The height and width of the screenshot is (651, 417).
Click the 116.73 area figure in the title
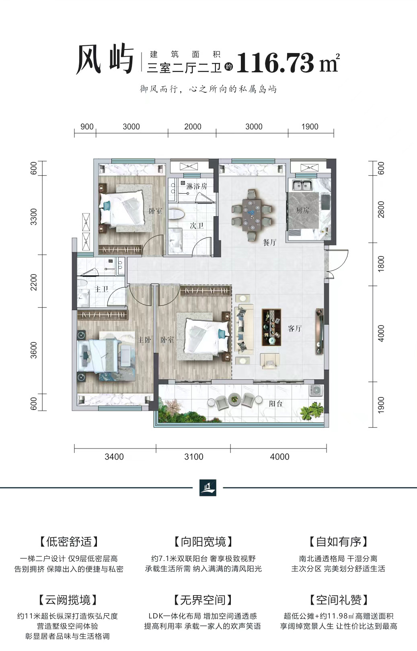275,63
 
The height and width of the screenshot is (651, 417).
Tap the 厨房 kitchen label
302,210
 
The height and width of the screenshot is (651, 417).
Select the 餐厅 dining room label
269,242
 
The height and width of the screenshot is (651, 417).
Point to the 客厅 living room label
295,328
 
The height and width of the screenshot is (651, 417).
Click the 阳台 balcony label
276,403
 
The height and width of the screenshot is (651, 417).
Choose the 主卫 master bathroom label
101,289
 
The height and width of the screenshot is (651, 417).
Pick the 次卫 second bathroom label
197,225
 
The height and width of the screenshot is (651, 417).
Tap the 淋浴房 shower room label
197,186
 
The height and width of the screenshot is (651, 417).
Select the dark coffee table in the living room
271,327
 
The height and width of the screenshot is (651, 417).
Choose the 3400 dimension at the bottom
114,457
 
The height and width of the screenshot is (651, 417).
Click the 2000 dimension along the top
193,127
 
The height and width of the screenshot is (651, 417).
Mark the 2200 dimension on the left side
34,282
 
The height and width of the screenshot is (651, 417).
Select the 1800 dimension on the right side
381,264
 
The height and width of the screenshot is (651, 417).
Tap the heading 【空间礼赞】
339,600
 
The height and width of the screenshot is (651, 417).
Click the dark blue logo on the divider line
208,487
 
